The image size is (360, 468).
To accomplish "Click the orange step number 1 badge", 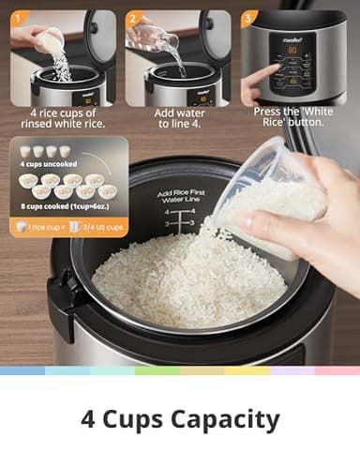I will click(x=18, y=19).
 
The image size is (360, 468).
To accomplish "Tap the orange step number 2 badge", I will click(x=133, y=19).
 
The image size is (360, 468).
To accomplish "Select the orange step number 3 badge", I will click(x=248, y=19).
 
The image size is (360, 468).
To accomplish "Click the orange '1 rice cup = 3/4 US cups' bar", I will click(x=67, y=226).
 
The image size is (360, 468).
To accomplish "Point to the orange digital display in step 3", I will click(x=292, y=52).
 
